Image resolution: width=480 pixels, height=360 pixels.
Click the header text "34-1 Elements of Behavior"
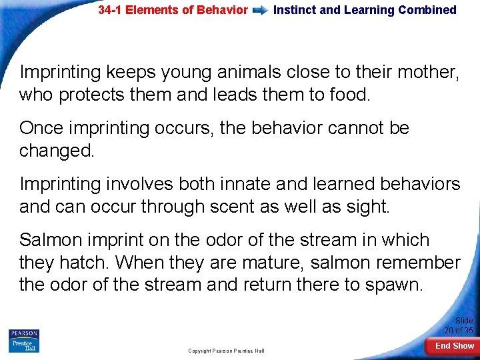173,10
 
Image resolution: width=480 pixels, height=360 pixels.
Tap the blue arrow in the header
261,11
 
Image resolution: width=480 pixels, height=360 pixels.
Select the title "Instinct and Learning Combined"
365,10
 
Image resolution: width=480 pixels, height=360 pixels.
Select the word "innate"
225,183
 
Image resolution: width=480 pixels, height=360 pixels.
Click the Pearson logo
24,334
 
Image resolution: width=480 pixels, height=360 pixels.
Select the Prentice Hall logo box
24,345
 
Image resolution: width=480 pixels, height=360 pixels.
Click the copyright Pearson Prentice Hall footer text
226,351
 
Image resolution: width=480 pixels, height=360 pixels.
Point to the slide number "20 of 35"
459,330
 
